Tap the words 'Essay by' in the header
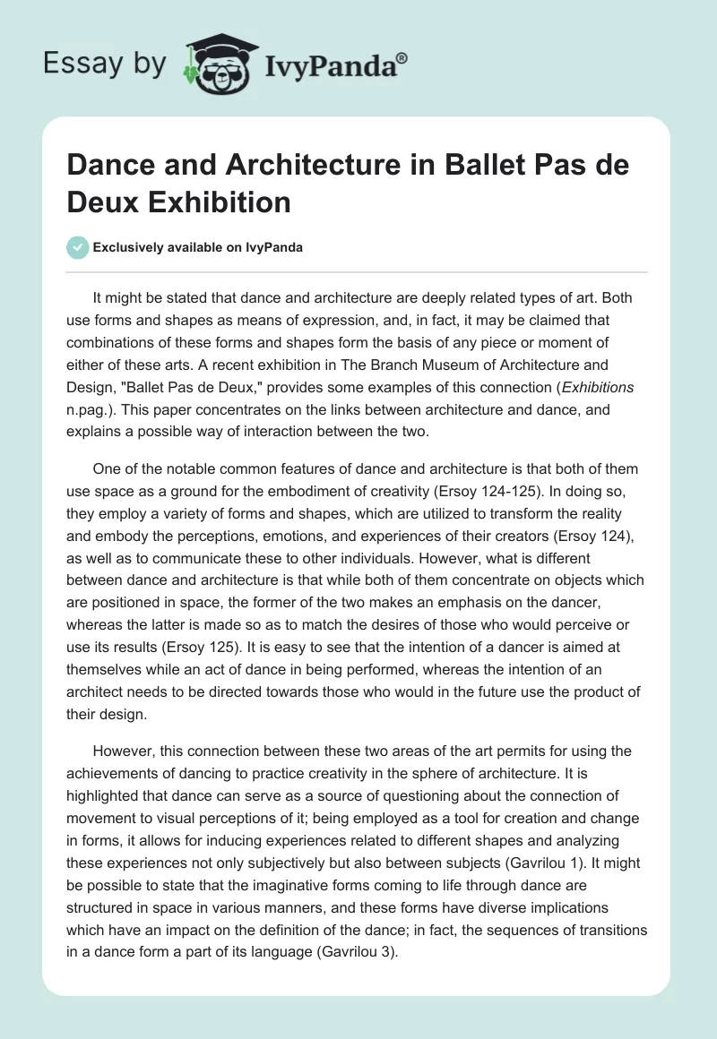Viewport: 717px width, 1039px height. pos(106,64)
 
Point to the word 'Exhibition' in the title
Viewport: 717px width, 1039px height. pos(219,202)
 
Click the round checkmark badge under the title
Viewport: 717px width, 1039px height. pos(78,247)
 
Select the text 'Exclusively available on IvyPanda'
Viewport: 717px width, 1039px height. pos(198,247)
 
